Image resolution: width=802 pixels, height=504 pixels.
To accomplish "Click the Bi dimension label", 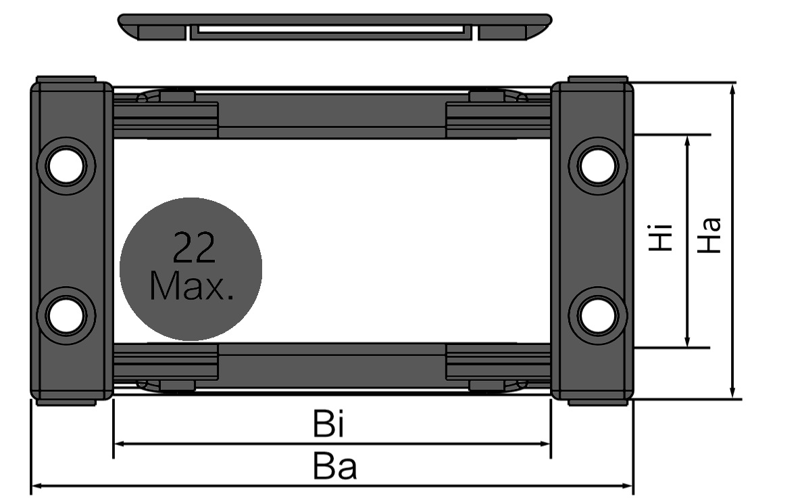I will [330, 424].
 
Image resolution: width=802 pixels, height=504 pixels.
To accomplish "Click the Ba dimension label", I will [334, 467].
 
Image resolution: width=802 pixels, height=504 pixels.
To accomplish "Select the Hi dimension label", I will [660, 237].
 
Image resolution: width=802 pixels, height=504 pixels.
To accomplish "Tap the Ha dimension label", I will [709, 235].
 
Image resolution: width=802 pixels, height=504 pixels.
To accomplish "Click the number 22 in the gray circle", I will [194, 248].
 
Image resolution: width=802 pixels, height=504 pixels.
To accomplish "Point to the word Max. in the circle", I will [192, 286].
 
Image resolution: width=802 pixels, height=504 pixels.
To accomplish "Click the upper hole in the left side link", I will [66, 164].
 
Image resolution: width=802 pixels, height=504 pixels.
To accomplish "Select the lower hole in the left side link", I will [66, 316].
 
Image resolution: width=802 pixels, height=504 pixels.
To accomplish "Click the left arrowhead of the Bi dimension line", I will [118, 444].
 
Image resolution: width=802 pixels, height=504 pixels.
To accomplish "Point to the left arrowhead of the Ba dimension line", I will [36, 485].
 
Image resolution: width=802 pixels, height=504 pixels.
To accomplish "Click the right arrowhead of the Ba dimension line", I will [628, 485].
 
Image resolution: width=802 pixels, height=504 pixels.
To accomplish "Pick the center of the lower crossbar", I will [332, 365].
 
